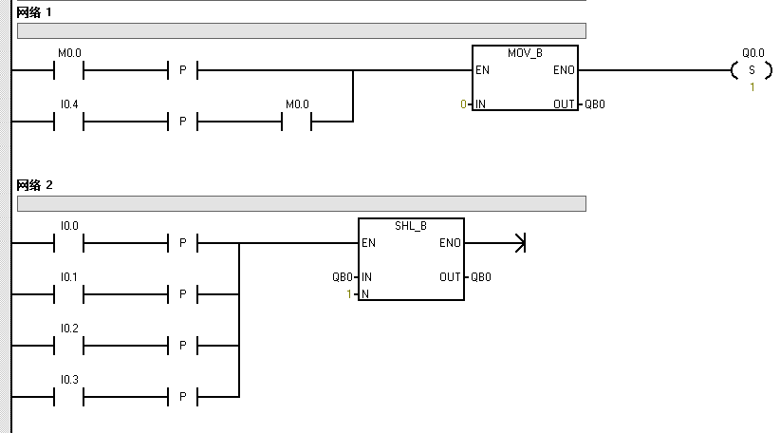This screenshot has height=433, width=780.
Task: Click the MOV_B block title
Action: (525, 53)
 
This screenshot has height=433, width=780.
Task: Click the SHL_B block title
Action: (411, 226)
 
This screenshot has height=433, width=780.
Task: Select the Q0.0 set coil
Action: (752, 70)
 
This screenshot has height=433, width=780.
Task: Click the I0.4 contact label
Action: (68, 104)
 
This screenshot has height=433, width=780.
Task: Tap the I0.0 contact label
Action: (68, 226)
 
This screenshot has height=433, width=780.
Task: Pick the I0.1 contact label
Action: (68, 277)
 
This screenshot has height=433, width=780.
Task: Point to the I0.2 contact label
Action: (68, 329)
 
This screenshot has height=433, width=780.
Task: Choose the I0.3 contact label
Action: (68, 380)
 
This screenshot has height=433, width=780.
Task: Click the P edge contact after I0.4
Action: (183, 122)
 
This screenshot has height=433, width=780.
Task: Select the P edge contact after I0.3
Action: (183, 397)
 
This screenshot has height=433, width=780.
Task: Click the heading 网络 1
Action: (35, 11)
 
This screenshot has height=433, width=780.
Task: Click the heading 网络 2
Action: (35, 183)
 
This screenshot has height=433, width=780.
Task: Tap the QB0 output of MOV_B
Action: (594, 104)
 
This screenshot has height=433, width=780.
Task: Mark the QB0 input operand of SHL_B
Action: (342, 277)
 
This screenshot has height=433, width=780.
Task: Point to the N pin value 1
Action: (349, 294)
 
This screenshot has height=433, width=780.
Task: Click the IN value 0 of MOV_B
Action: (463, 104)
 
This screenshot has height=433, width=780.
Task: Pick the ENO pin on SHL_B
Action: (450, 243)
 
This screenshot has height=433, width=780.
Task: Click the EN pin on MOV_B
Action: (482, 70)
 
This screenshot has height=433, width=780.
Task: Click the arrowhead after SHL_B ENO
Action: (519, 243)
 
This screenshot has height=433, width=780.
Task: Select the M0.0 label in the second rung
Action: (297, 104)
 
